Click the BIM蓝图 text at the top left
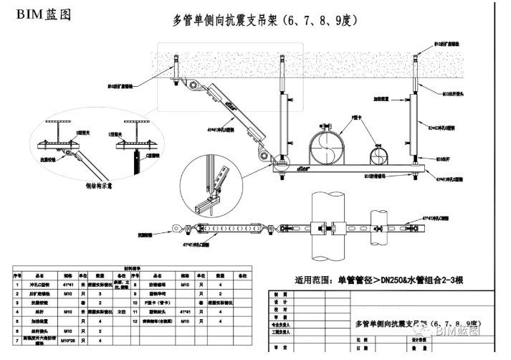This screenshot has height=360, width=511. (39, 15)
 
